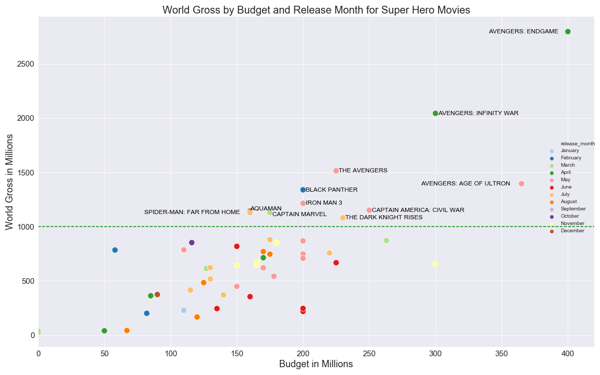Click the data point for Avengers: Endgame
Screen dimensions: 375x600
pos(568,32)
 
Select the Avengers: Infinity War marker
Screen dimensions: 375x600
pos(435,113)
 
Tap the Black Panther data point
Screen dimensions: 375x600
pos(303,190)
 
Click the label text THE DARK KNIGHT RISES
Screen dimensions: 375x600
pos(384,218)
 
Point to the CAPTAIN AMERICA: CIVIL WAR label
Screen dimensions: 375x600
pos(418,210)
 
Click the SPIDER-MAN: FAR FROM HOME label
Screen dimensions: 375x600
pos(192,213)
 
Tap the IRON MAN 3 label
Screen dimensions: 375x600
pos(323,203)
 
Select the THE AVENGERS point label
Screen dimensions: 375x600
pos(362,171)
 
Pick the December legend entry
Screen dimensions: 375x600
pos(572,231)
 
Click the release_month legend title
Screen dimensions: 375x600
pos(577,143)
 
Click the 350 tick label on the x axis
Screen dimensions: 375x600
pos(502,354)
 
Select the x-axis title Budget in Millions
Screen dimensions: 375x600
pos(316,365)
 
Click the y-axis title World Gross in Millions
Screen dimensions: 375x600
pos(9,181)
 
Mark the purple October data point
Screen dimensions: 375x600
pos(192,243)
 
